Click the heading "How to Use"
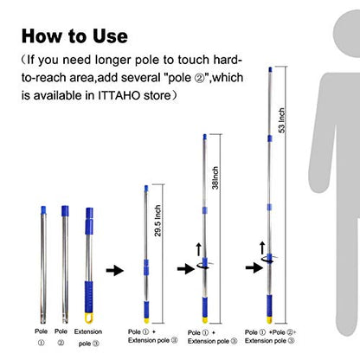(74, 36)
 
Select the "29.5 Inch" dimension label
(157, 221)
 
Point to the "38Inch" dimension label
(215, 177)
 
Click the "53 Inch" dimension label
(282, 120)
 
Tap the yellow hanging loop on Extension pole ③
(89, 318)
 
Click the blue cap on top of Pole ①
(43, 210)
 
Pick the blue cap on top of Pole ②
(65, 211)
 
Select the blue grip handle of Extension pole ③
(89, 297)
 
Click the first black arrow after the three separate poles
(115, 271)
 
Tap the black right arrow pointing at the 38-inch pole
(186, 269)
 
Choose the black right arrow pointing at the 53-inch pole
(254, 267)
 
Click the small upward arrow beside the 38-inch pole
(198, 249)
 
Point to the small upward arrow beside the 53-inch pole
(262, 248)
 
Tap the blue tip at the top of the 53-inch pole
(270, 69)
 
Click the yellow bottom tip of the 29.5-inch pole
(146, 321)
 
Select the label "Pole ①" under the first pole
(42, 337)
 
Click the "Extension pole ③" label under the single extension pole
(88, 337)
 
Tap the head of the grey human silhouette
(346, 33)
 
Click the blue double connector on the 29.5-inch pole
(146, 267)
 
